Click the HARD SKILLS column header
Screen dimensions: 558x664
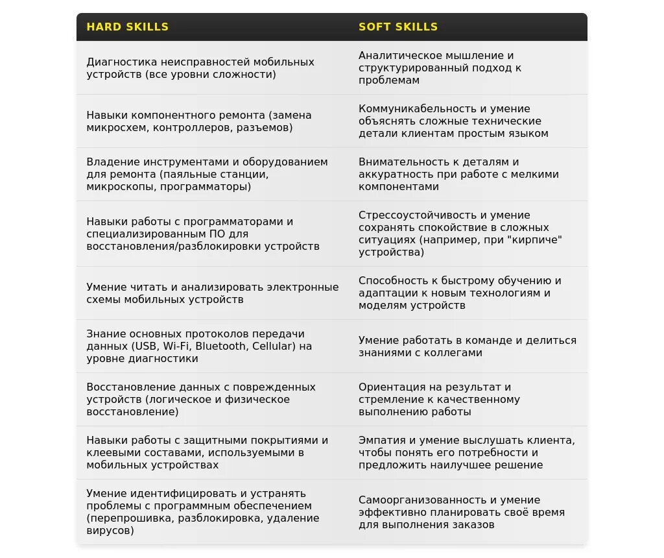(x=127, y=27)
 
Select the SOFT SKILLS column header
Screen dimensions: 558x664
(x=398, y=27)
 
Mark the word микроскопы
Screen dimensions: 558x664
(x=119, y=187)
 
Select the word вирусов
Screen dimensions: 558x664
(x=110, y=531)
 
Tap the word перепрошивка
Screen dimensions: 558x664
(x=127, y=518)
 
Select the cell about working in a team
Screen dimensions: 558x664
(x=468, y=346)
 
